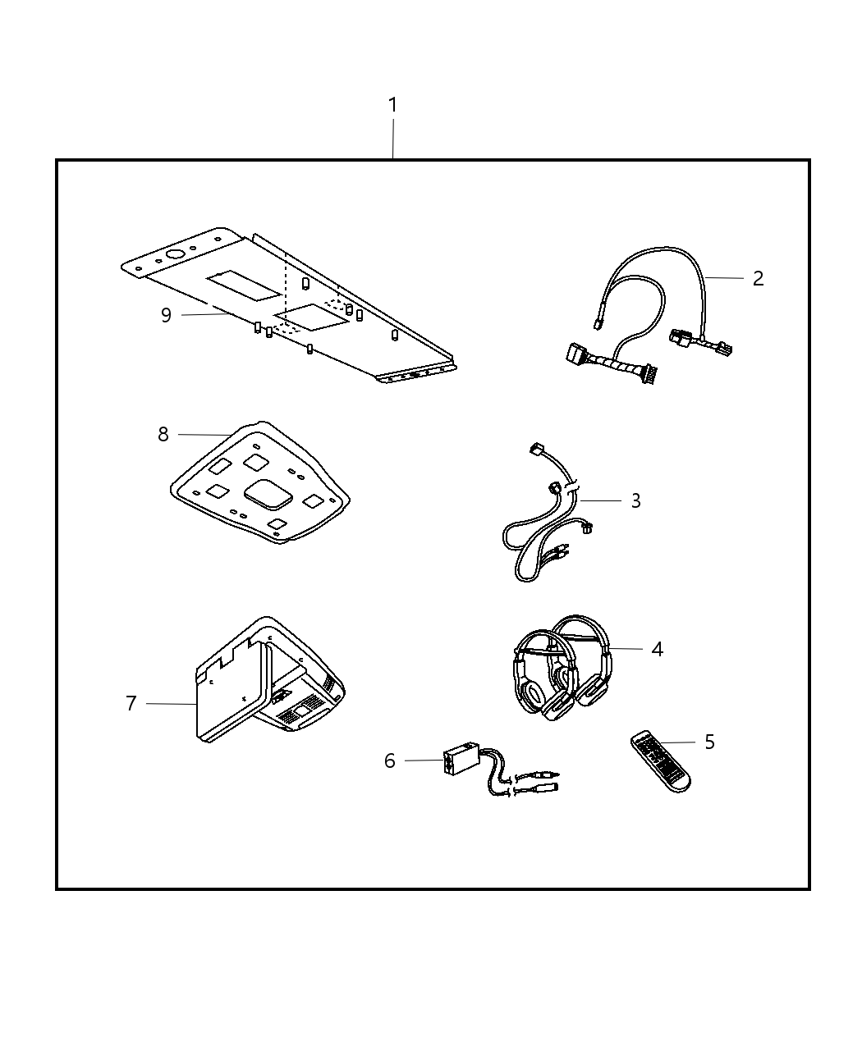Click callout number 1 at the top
pyautogui.click(x=392, y=105)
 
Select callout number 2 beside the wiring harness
pyautogui.click(x=758, y=279)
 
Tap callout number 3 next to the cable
pyautogui.click(x=635, y=500)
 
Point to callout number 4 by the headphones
pyautogui.click(x=657, y=649)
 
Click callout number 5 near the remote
pyautogui.click(x=709, y=742)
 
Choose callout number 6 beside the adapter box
pyautogui.click(x=390, y=761)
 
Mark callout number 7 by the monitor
pyautogui.click(x=131, y=703)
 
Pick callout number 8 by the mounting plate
pyautogui.click(x=163, y=434)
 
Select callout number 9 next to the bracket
pyautogui.click(x=166, y=315)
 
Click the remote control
pyautogui.click(x=661, y=762)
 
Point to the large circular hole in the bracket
pyautogui.click(x=176, y=254)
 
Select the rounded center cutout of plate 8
pyautogui.click(x=268, y=495)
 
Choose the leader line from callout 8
pyautogui.click(x=205, y=435)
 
